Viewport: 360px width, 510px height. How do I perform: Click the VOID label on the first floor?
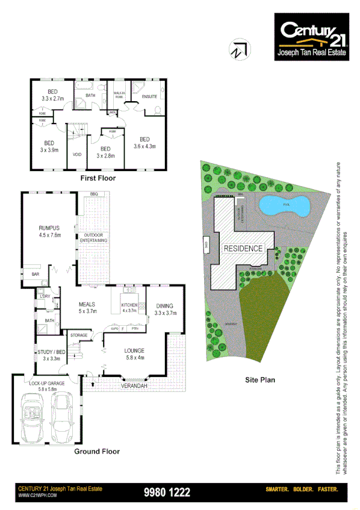(76, 154)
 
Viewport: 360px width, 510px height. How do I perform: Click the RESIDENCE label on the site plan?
(243, 248)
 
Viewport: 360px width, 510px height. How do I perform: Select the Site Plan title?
(260, 380)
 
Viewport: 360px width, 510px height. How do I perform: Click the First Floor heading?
(98, 178)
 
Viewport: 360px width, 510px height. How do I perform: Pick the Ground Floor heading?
(96, 451)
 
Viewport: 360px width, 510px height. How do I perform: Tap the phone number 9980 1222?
(167, 492)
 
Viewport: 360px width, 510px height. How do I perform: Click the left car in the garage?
(32, 416)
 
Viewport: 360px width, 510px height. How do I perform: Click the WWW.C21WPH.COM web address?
(37, 496)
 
